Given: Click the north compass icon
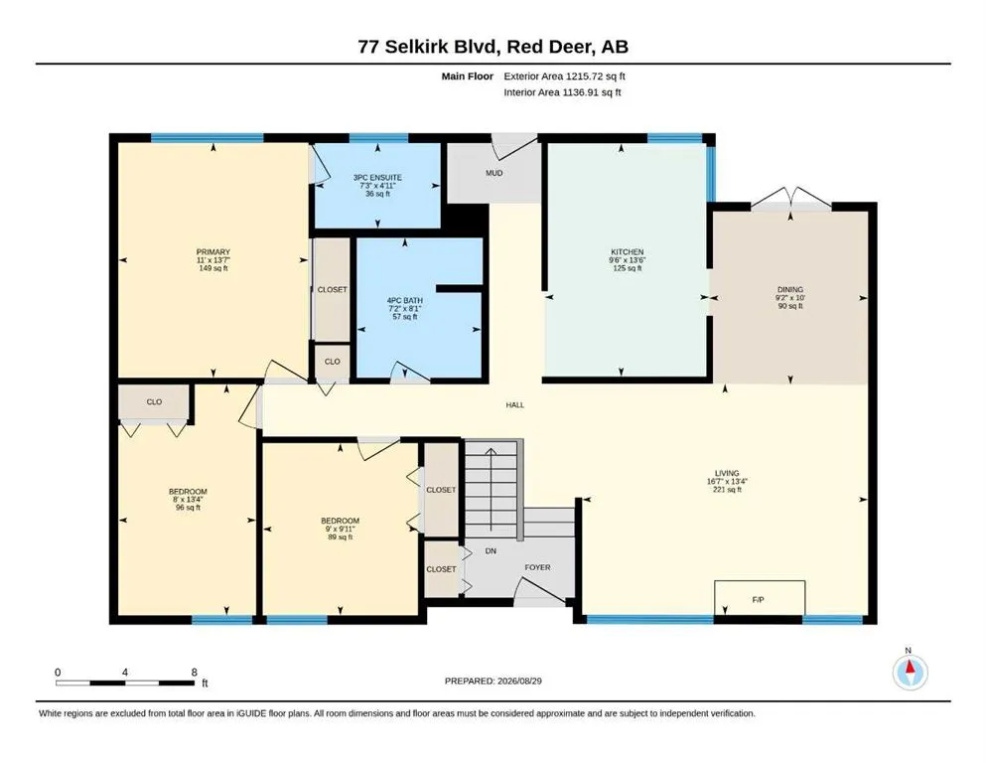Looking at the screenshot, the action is click(x=910, y=673).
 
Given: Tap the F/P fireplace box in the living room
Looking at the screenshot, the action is click(x=759, y=597).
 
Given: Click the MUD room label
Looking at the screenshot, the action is click(x=494, y=173).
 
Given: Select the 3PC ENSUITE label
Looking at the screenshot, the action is click(x=377, y=178).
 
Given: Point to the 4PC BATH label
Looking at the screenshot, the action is click(x=405, y=301).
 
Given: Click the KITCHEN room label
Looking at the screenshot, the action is click(x=628, y=251).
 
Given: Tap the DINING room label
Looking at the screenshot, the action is click(x=790, y=290).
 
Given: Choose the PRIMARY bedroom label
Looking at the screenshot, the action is click(x=213, y=251).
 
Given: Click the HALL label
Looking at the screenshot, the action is click(x=515, y=405).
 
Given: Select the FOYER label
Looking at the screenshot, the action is click(x=537, y=567).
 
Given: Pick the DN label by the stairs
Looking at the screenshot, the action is click(x=492, y=551).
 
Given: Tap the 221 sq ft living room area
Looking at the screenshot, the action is click(x=727, y=490).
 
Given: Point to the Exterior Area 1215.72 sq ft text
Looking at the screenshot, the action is click(x=564, y=76).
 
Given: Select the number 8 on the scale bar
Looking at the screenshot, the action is click(x=195, y=672).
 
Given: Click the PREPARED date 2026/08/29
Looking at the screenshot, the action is click(x=519, y=681).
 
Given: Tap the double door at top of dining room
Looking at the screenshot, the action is click(x=791, y=198).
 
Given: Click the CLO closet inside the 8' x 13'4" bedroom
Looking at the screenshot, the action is click(x=154, y=402).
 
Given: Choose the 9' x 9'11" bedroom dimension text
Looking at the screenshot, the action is click(x=341, y=529).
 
